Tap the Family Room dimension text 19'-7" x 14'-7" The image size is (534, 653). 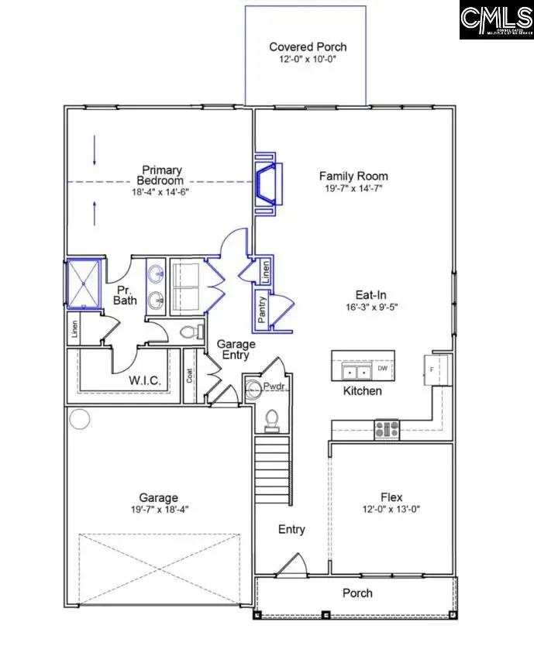(353, 188)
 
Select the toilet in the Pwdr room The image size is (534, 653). (272, 419)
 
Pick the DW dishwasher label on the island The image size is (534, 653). (382, 369)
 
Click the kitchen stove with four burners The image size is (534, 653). (387, 427)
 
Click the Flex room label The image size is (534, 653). (391, 497)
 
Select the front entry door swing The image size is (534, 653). (293, 565)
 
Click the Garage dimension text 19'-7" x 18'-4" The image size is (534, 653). (158, 510)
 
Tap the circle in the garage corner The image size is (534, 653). (80, 419)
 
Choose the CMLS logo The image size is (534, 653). (496, 21)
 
